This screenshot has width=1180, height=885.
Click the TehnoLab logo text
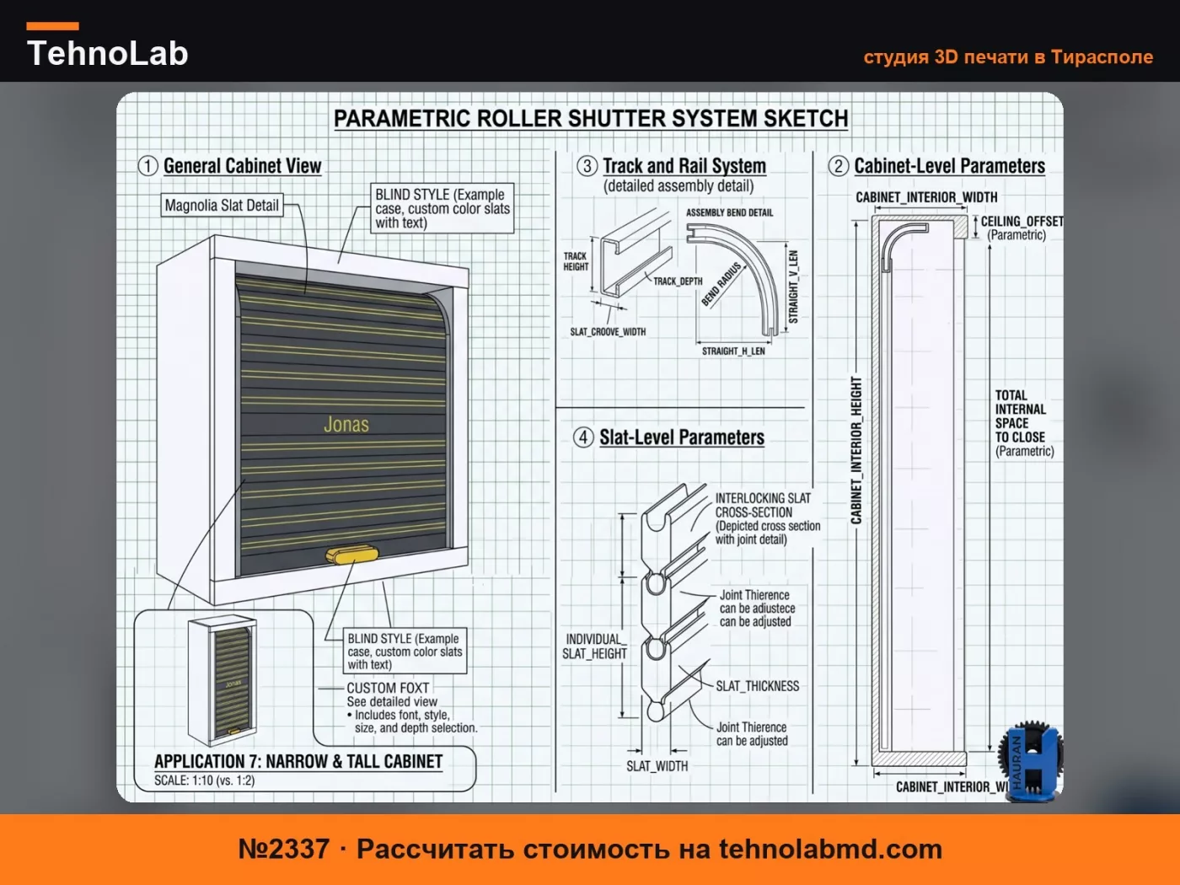coord(108,53)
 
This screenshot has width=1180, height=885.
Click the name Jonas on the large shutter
coord(346,425)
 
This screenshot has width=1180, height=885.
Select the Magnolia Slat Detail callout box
coord(222,206)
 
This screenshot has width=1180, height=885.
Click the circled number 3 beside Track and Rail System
coord(587,166)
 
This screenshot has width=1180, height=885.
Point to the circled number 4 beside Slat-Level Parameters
coord(583,437)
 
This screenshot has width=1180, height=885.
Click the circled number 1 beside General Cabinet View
coord(147,166)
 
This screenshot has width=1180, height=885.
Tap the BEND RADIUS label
coord(721,284)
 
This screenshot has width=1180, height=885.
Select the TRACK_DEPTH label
coord(678,282)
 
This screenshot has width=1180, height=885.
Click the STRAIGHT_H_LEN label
coord(733,351)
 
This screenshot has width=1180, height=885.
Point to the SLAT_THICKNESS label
coord(758,686)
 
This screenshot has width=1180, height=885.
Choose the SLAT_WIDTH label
coord(657,766)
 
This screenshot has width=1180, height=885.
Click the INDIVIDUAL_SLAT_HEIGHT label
coord(594,646)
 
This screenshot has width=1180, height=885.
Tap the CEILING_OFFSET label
coord(1022,222)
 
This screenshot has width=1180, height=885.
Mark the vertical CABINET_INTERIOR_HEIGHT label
coord(856,450)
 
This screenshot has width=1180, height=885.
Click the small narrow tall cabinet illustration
coord(223,680)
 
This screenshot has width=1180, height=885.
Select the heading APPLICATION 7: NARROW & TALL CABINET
coord(298,761)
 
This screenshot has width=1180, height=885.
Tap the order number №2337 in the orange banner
coord(283,850)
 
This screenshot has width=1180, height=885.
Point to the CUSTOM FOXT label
coord(388,689)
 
